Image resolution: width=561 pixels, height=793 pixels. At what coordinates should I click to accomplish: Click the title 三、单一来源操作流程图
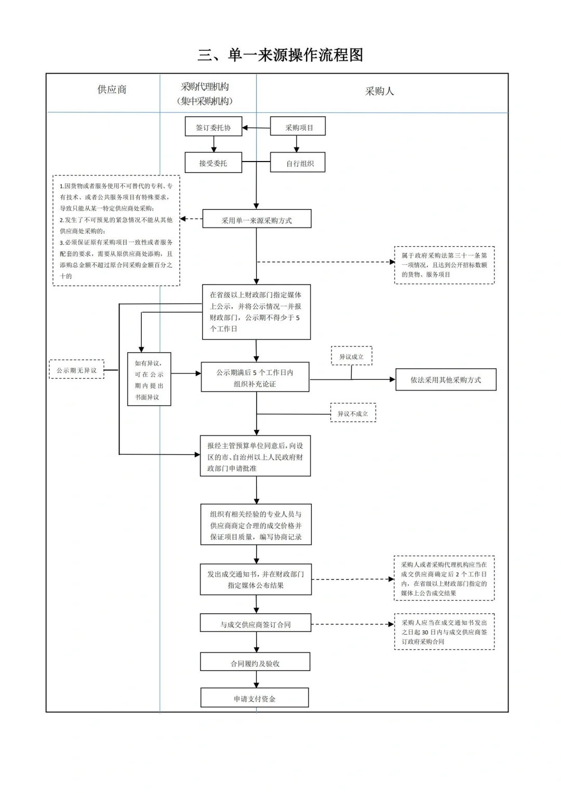click(280, 55)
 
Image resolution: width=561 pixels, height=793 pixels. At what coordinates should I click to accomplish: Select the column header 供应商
click(112, 90)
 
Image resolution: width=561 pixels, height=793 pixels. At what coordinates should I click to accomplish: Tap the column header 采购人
click(379, 91)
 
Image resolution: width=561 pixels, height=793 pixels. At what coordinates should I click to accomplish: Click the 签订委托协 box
click(213, 127)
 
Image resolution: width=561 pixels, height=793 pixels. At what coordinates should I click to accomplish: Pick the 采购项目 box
click(298, 127)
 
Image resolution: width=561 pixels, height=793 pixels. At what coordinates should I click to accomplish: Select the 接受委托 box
click(213, 163)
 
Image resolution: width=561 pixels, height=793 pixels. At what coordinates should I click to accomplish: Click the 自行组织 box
click(298, 163)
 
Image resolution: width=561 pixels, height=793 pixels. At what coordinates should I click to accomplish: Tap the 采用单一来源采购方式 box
click(257, 220)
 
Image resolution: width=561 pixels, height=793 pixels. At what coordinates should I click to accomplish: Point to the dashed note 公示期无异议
click(77, 370)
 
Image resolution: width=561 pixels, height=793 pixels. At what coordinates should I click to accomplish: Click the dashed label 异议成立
click(352, 357)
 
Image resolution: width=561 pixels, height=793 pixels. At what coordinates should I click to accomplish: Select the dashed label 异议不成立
click(353, 413)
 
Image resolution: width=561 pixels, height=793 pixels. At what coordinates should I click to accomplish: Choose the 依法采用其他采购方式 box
click(446, 380)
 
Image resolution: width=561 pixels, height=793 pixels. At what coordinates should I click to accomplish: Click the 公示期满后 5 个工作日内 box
click(255, 378)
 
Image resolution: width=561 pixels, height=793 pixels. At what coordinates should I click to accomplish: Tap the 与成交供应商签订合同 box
click(256, 624)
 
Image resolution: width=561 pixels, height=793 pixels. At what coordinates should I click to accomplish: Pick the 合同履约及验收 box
click(255, 663)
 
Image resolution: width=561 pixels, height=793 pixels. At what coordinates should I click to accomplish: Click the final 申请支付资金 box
click(255, 698)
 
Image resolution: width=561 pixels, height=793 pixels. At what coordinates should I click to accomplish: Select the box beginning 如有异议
click(149, 380)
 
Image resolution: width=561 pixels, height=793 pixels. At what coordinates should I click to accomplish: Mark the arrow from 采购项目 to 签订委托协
click(256, 128)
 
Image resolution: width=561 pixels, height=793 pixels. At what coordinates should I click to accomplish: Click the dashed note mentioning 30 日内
click(444, 631)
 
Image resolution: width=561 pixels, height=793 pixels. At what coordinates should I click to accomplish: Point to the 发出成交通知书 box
click(256, 580)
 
